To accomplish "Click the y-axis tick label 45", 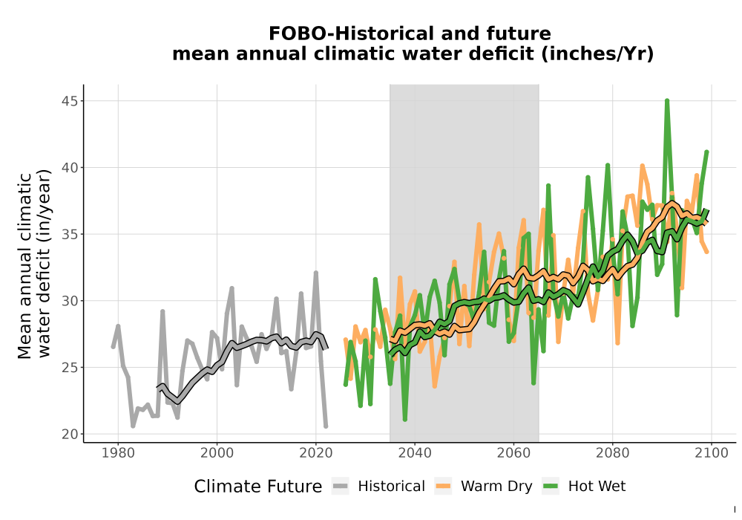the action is click(x=70, y=101).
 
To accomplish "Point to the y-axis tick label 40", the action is click(x=70, y=168).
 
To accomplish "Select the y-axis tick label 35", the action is click(x=70, y=235).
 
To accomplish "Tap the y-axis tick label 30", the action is click(x=70, y=301).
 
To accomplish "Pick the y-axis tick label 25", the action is click(x=70, y=368).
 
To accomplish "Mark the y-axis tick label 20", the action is click(x=70, y=435).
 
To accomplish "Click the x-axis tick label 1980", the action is click(x=118, y=453).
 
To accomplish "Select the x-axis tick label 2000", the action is click(x=217, y=453).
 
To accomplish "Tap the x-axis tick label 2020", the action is click(x=316, y=453).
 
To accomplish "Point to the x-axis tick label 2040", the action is click(x=415, y=453).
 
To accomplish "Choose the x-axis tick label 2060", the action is click(x=513, y=453).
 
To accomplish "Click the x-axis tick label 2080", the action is click(x=612, y=453).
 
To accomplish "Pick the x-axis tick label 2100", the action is click(x=712, y=453).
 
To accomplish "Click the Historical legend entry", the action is click(x=378, y=487).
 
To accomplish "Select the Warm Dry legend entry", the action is click(x=483, y=487).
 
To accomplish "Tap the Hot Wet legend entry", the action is click(x=583, y=487).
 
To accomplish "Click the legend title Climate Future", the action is click(x=258, y=487).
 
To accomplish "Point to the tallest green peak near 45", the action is click(x=667, y=101).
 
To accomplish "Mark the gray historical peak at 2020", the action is click(x=316, y=273).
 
